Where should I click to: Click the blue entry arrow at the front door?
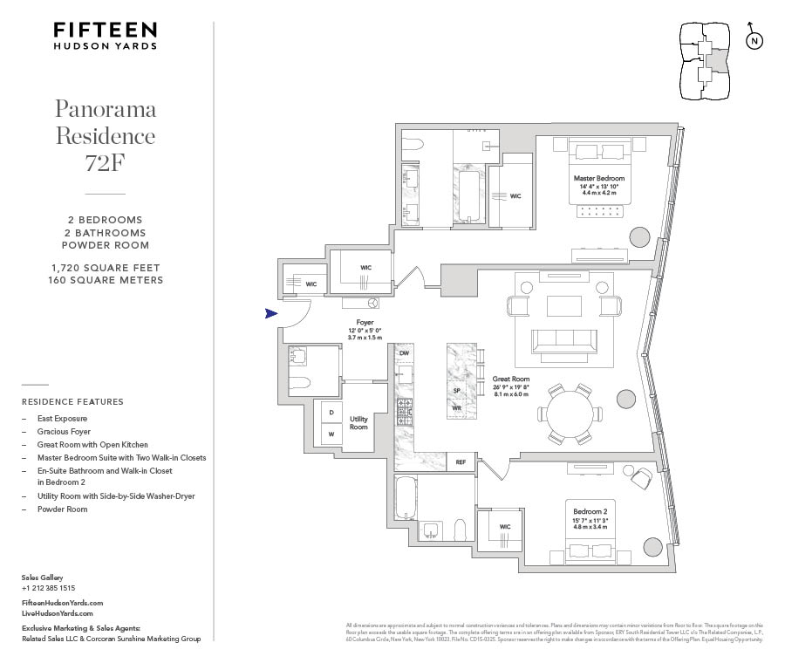point(271,313)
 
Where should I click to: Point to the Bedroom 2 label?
point(589,511)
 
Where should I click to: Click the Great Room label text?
point(511,379)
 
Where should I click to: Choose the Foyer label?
point(365,322)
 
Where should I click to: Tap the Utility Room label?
point(358,423)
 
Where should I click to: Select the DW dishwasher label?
point(404,353)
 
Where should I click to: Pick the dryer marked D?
point(331,413)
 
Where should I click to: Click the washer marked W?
point(331,434)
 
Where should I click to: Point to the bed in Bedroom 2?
point(590,549)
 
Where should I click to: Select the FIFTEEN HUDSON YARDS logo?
point(106,35)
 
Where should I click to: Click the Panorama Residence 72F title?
point(106,135)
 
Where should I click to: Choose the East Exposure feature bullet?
point(62,419)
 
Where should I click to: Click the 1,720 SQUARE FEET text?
point(106,268)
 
